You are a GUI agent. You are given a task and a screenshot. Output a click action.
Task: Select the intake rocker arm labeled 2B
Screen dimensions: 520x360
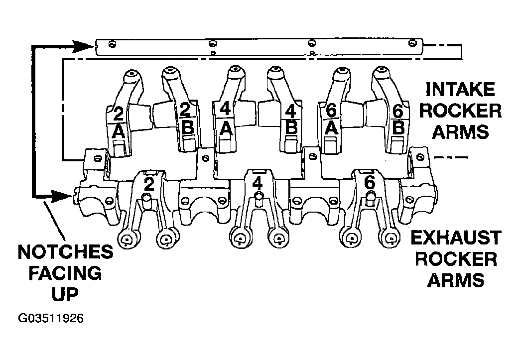point(181,113)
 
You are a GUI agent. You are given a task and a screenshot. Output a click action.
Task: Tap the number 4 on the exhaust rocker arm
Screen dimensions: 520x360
point(258,183)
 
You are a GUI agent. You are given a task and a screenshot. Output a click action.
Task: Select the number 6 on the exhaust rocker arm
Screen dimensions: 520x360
point(369,183)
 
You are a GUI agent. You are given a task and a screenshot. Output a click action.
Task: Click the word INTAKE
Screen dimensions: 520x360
point(460,89)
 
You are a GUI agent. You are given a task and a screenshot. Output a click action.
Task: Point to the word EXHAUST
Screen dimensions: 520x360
point(456,238)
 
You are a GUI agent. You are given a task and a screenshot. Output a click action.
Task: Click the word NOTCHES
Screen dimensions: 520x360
point(65,252)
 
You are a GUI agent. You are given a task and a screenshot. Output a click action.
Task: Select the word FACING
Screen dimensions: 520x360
point(65,273)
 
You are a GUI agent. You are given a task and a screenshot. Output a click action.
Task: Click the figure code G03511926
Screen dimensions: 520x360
point(51,319)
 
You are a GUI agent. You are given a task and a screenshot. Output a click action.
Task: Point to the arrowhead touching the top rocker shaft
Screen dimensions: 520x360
point(83,47)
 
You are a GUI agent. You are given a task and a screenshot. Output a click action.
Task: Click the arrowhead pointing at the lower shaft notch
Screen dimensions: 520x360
point(61,196)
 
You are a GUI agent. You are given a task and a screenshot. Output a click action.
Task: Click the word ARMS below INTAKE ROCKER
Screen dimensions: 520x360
point(460,131)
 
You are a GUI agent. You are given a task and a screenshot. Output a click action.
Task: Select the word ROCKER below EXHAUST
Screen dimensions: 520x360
point(456,259)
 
